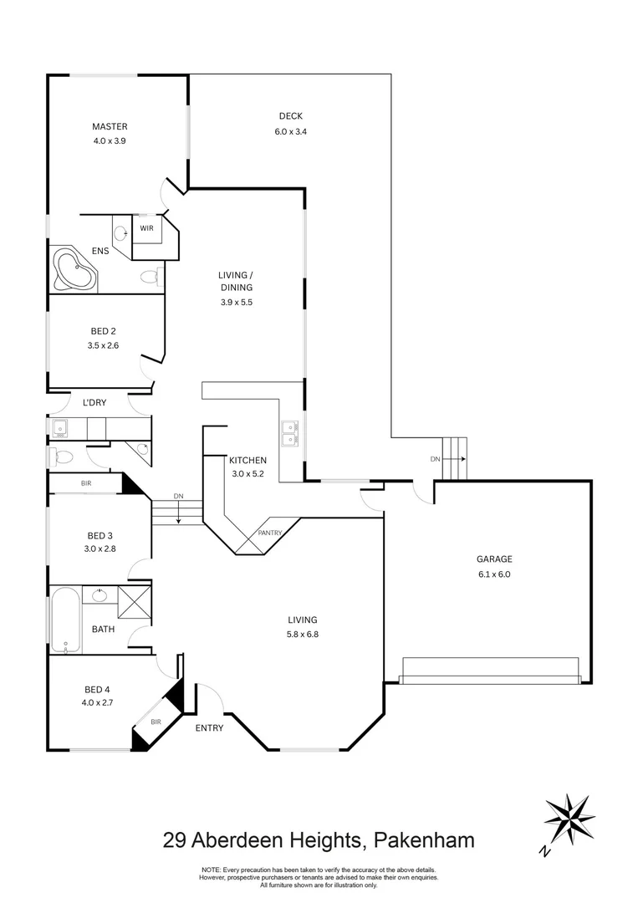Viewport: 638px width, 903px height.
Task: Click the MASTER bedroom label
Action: click(110, 127)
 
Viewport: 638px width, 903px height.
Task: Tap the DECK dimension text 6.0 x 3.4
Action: click(290, 131)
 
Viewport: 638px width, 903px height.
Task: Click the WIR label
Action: click(146, 227)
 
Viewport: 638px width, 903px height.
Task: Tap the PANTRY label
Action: click(269, 533)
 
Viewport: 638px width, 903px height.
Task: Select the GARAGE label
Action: click(494, 559)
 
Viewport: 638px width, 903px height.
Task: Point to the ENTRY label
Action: click(209, 728)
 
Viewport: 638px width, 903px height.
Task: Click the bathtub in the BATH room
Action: click(64, 620)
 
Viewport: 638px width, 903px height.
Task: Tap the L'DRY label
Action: click(94, 404)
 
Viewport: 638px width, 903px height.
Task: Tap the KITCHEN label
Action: click(248, 460)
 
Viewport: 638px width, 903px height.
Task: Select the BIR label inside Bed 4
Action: click(156, 721)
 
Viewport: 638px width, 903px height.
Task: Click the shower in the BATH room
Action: click(134, 601)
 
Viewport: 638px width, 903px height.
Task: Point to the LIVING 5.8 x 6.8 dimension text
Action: click(303, 634)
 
